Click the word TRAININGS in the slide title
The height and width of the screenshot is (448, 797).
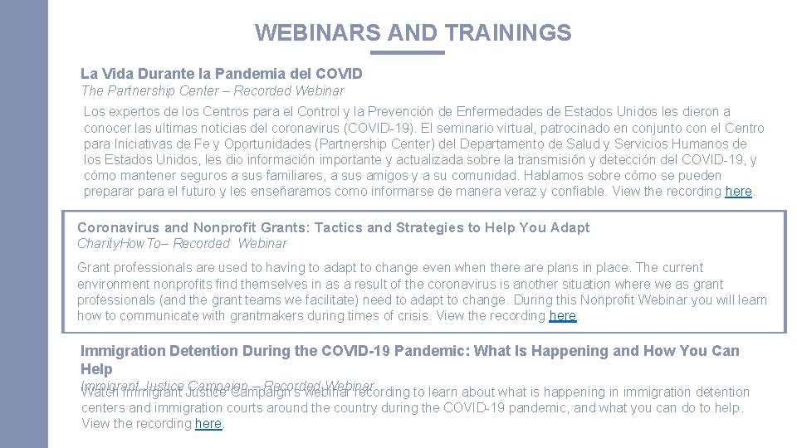click(508, 32)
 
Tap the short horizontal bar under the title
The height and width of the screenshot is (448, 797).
click(407, 53)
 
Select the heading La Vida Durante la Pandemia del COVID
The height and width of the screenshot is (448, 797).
click(221, 74)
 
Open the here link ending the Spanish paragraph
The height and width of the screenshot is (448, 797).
click(738, 192)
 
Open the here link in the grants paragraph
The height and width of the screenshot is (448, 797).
click(562, 316)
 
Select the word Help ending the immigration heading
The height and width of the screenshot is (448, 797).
click(96, 369)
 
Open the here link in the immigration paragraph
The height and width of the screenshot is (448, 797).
click(208, 424)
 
